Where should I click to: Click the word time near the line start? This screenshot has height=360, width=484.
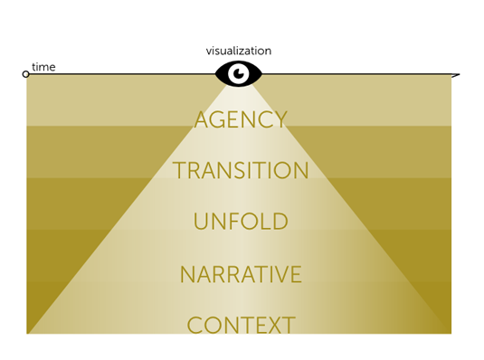tap(43, 67)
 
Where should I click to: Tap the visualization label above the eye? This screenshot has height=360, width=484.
tap(239, 52)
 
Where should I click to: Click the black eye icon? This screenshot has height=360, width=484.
tap(239, 73)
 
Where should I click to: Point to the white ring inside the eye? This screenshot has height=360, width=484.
tap(239, 73)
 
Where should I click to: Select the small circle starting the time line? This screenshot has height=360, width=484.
tap(26, 74)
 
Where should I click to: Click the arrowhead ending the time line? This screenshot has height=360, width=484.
tap(455, 75)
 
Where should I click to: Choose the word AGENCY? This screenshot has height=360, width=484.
tap(241, 119)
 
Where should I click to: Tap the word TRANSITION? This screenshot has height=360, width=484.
tap(241, 171)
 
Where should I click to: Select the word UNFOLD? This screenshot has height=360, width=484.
tap(241, 222)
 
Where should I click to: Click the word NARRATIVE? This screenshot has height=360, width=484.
tap(241, 274)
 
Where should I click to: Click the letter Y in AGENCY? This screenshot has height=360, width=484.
tap(280, 119)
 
